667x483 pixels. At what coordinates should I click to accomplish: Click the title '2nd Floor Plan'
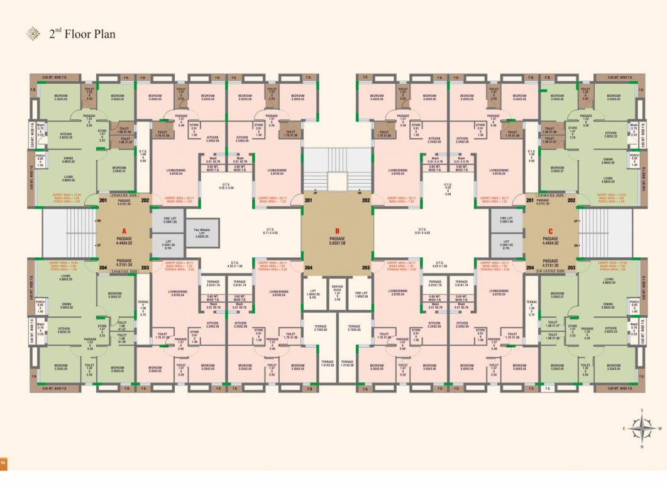(x=82, y=34)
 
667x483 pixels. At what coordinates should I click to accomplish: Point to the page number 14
(x=3, y=464)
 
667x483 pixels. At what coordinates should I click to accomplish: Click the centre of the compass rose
(x=641, y=429)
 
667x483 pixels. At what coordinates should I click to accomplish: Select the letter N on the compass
(x=641, y=447)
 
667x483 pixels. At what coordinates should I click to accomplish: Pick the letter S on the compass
(x=641, y=411)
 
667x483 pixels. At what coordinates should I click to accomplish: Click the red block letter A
(x=124, y=231)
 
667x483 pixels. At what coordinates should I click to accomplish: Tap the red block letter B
(x=337, y=231)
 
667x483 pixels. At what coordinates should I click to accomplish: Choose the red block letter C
(x=550, y=231)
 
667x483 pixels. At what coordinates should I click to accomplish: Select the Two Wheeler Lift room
(x=202, y=232)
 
